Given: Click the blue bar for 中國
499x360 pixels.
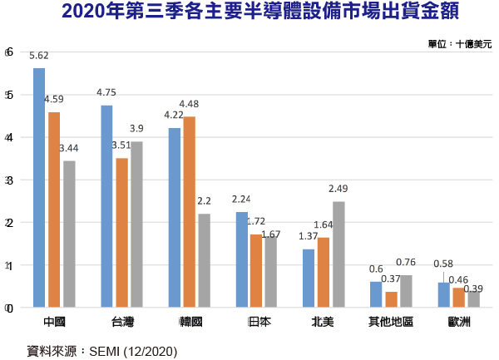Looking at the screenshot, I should click(39, 188).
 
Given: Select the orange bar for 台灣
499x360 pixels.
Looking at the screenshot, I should click(121, 233).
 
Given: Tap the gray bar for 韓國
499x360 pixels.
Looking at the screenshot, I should click(204, 260).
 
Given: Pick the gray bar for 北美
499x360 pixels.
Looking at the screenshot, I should click(338, 254).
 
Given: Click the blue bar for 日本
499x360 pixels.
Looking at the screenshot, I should click(241, 259).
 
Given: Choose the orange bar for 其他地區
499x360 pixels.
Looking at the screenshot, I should click(391, 299).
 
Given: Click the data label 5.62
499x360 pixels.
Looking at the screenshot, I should click(39, 56).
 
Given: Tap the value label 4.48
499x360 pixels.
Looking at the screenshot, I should click(189, 104).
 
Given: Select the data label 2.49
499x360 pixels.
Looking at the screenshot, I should click(338, 189).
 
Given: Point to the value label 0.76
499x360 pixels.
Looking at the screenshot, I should click(407, 263).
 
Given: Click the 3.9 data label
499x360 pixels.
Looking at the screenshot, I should click(136, 128).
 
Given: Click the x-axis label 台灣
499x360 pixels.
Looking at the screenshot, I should click(121, 321).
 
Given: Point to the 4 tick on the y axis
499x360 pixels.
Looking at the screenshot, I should click(8, 137).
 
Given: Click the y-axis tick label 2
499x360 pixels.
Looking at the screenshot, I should click(8, 223).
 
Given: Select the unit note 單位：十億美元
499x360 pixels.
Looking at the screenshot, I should click(460, 43).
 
